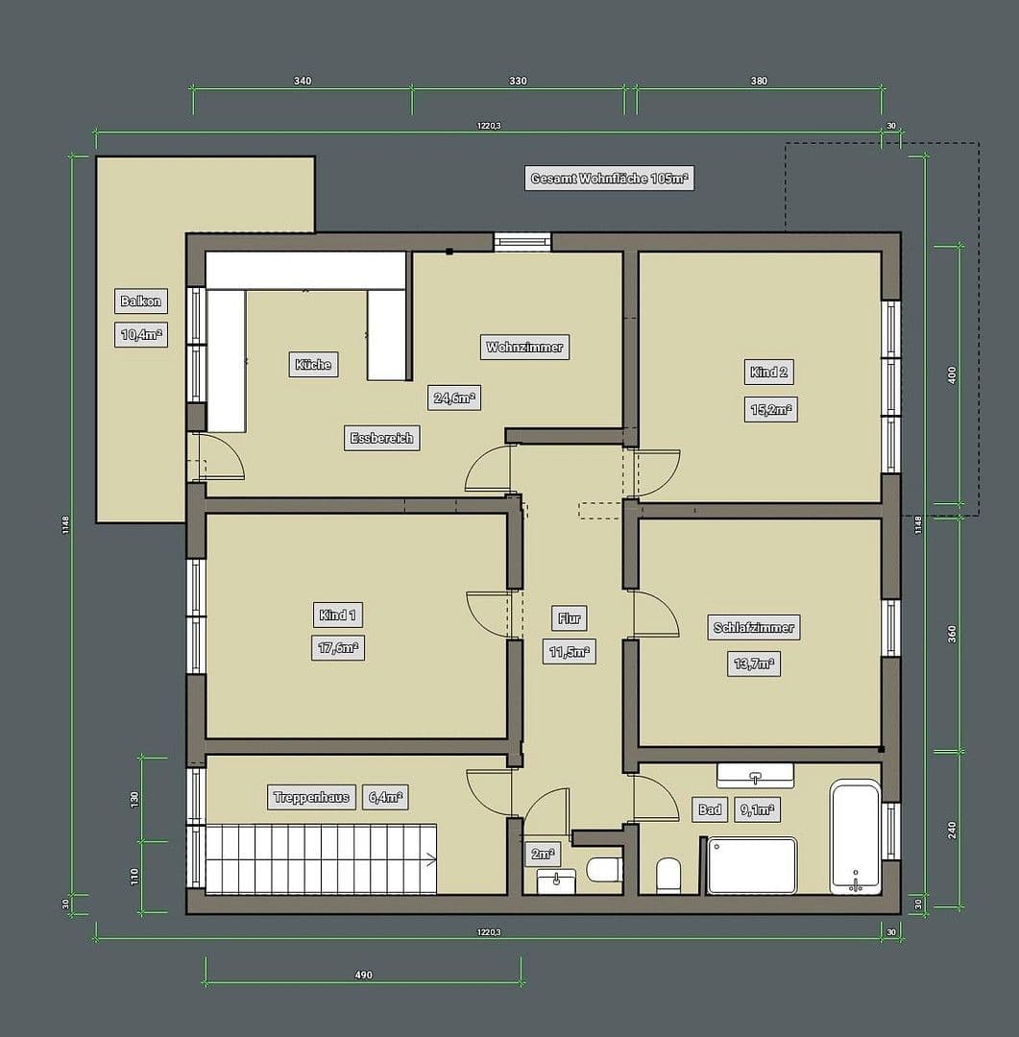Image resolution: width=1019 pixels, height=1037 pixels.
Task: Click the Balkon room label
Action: coord(140,301)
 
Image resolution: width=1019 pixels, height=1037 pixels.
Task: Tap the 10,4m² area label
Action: coord(140,334)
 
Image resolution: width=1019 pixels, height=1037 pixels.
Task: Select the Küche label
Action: coord(313,365)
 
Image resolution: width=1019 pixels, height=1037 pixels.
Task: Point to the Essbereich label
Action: coord(381,438)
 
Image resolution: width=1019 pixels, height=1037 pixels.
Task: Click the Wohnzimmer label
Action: coord(524,347)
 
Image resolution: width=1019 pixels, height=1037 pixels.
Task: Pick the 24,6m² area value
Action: coord(455,398)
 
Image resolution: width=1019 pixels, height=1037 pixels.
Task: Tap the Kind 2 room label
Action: coord(769,373)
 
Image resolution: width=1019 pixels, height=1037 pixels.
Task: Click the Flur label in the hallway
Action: coord(570,618)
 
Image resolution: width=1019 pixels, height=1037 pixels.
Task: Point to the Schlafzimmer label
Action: coord(754,628)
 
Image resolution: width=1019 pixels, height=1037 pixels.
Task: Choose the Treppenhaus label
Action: coord(311,797)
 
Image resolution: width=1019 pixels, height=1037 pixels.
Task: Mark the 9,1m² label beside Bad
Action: coord(757,810)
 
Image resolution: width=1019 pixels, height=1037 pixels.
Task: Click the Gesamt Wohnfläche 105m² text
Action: coord(611,179)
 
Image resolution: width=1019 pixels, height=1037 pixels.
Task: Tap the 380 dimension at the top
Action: coord(759,82)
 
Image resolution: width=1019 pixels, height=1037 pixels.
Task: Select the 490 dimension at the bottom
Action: coord(363,975)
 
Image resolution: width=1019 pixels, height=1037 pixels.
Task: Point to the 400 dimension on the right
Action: coord(953,374)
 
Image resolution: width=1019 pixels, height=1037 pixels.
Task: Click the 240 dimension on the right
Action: coord(953,830)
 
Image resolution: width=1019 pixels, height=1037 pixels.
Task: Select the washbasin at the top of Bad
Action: coord(755,775)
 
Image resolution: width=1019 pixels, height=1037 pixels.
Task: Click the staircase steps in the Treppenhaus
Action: coord(321,856)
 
